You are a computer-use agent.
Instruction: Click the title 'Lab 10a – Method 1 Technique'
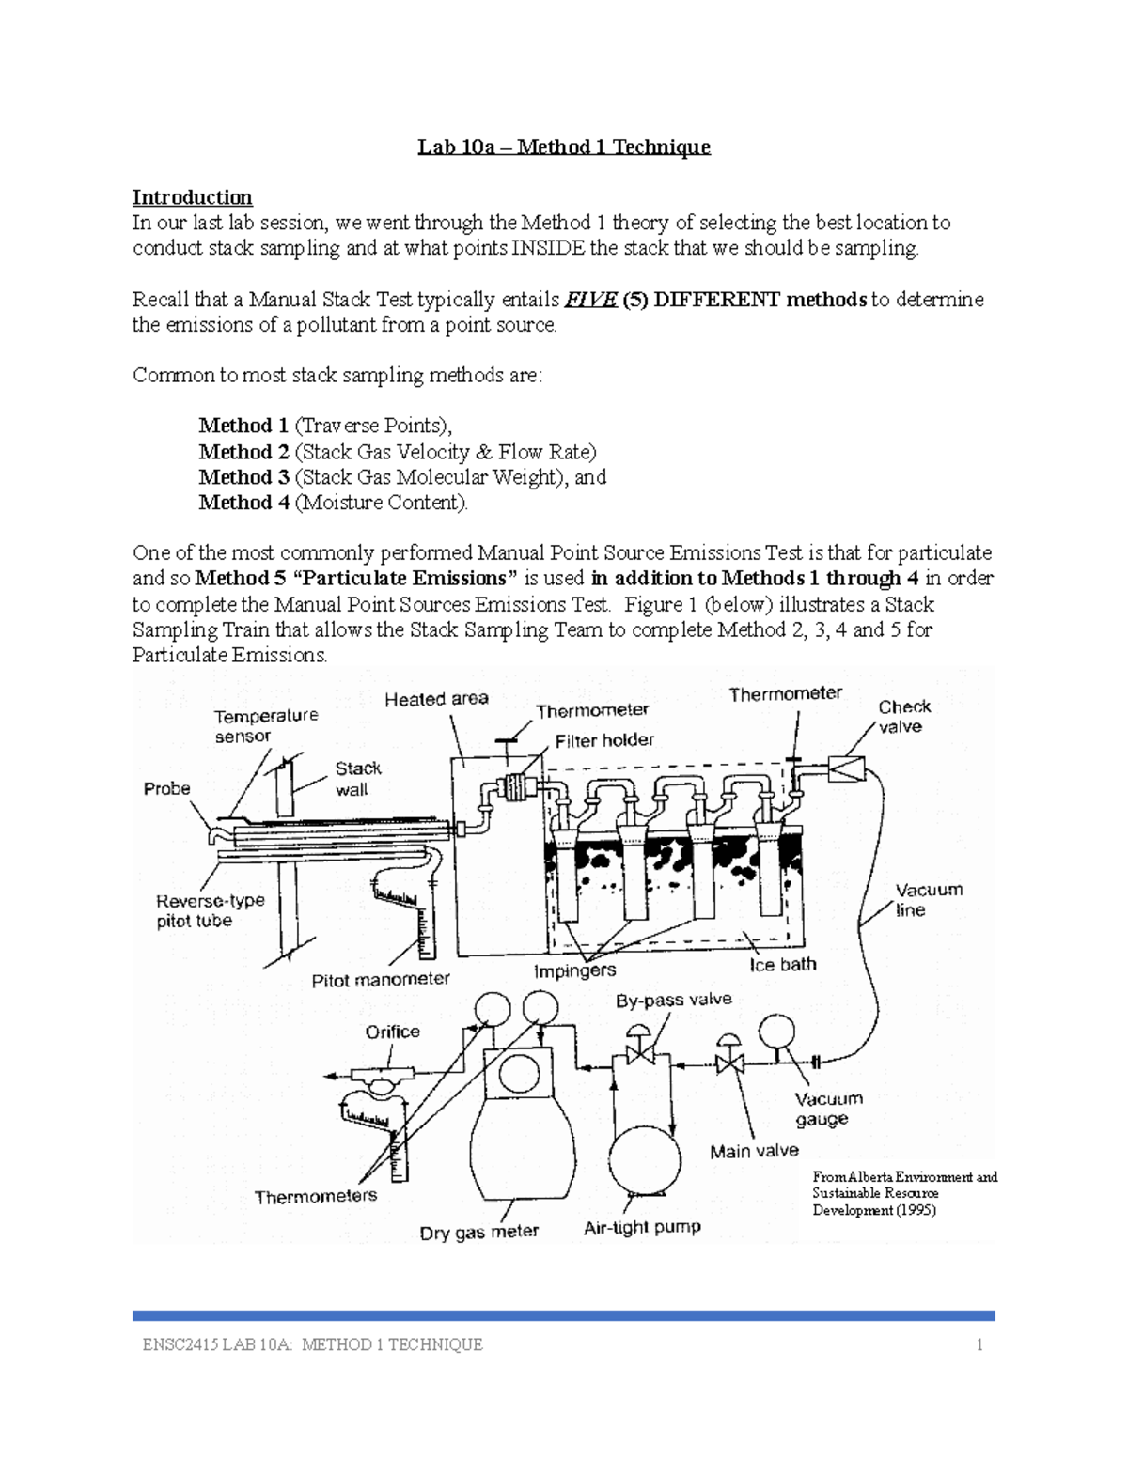[564, 147]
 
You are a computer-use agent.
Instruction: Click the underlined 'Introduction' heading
[192, 197]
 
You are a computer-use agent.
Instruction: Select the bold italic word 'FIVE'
[589, 300]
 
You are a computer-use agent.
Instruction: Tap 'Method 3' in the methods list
[243, 477]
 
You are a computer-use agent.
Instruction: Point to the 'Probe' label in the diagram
[166, 789]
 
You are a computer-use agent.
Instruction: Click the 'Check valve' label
[903, 717]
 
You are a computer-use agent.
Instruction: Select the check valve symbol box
[846, 768]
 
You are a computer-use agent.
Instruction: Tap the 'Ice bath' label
[782, 965]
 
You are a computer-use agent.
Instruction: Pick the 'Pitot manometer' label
[380, 979]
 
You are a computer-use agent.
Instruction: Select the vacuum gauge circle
[776, 1032]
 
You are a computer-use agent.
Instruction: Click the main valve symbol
[728, 1063]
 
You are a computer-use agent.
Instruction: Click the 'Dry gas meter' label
[478, 1232]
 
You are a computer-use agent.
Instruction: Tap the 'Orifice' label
[392, 1032]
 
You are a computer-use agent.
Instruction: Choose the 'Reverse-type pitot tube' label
[210, 910]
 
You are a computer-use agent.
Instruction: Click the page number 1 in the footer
[979, 1344]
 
